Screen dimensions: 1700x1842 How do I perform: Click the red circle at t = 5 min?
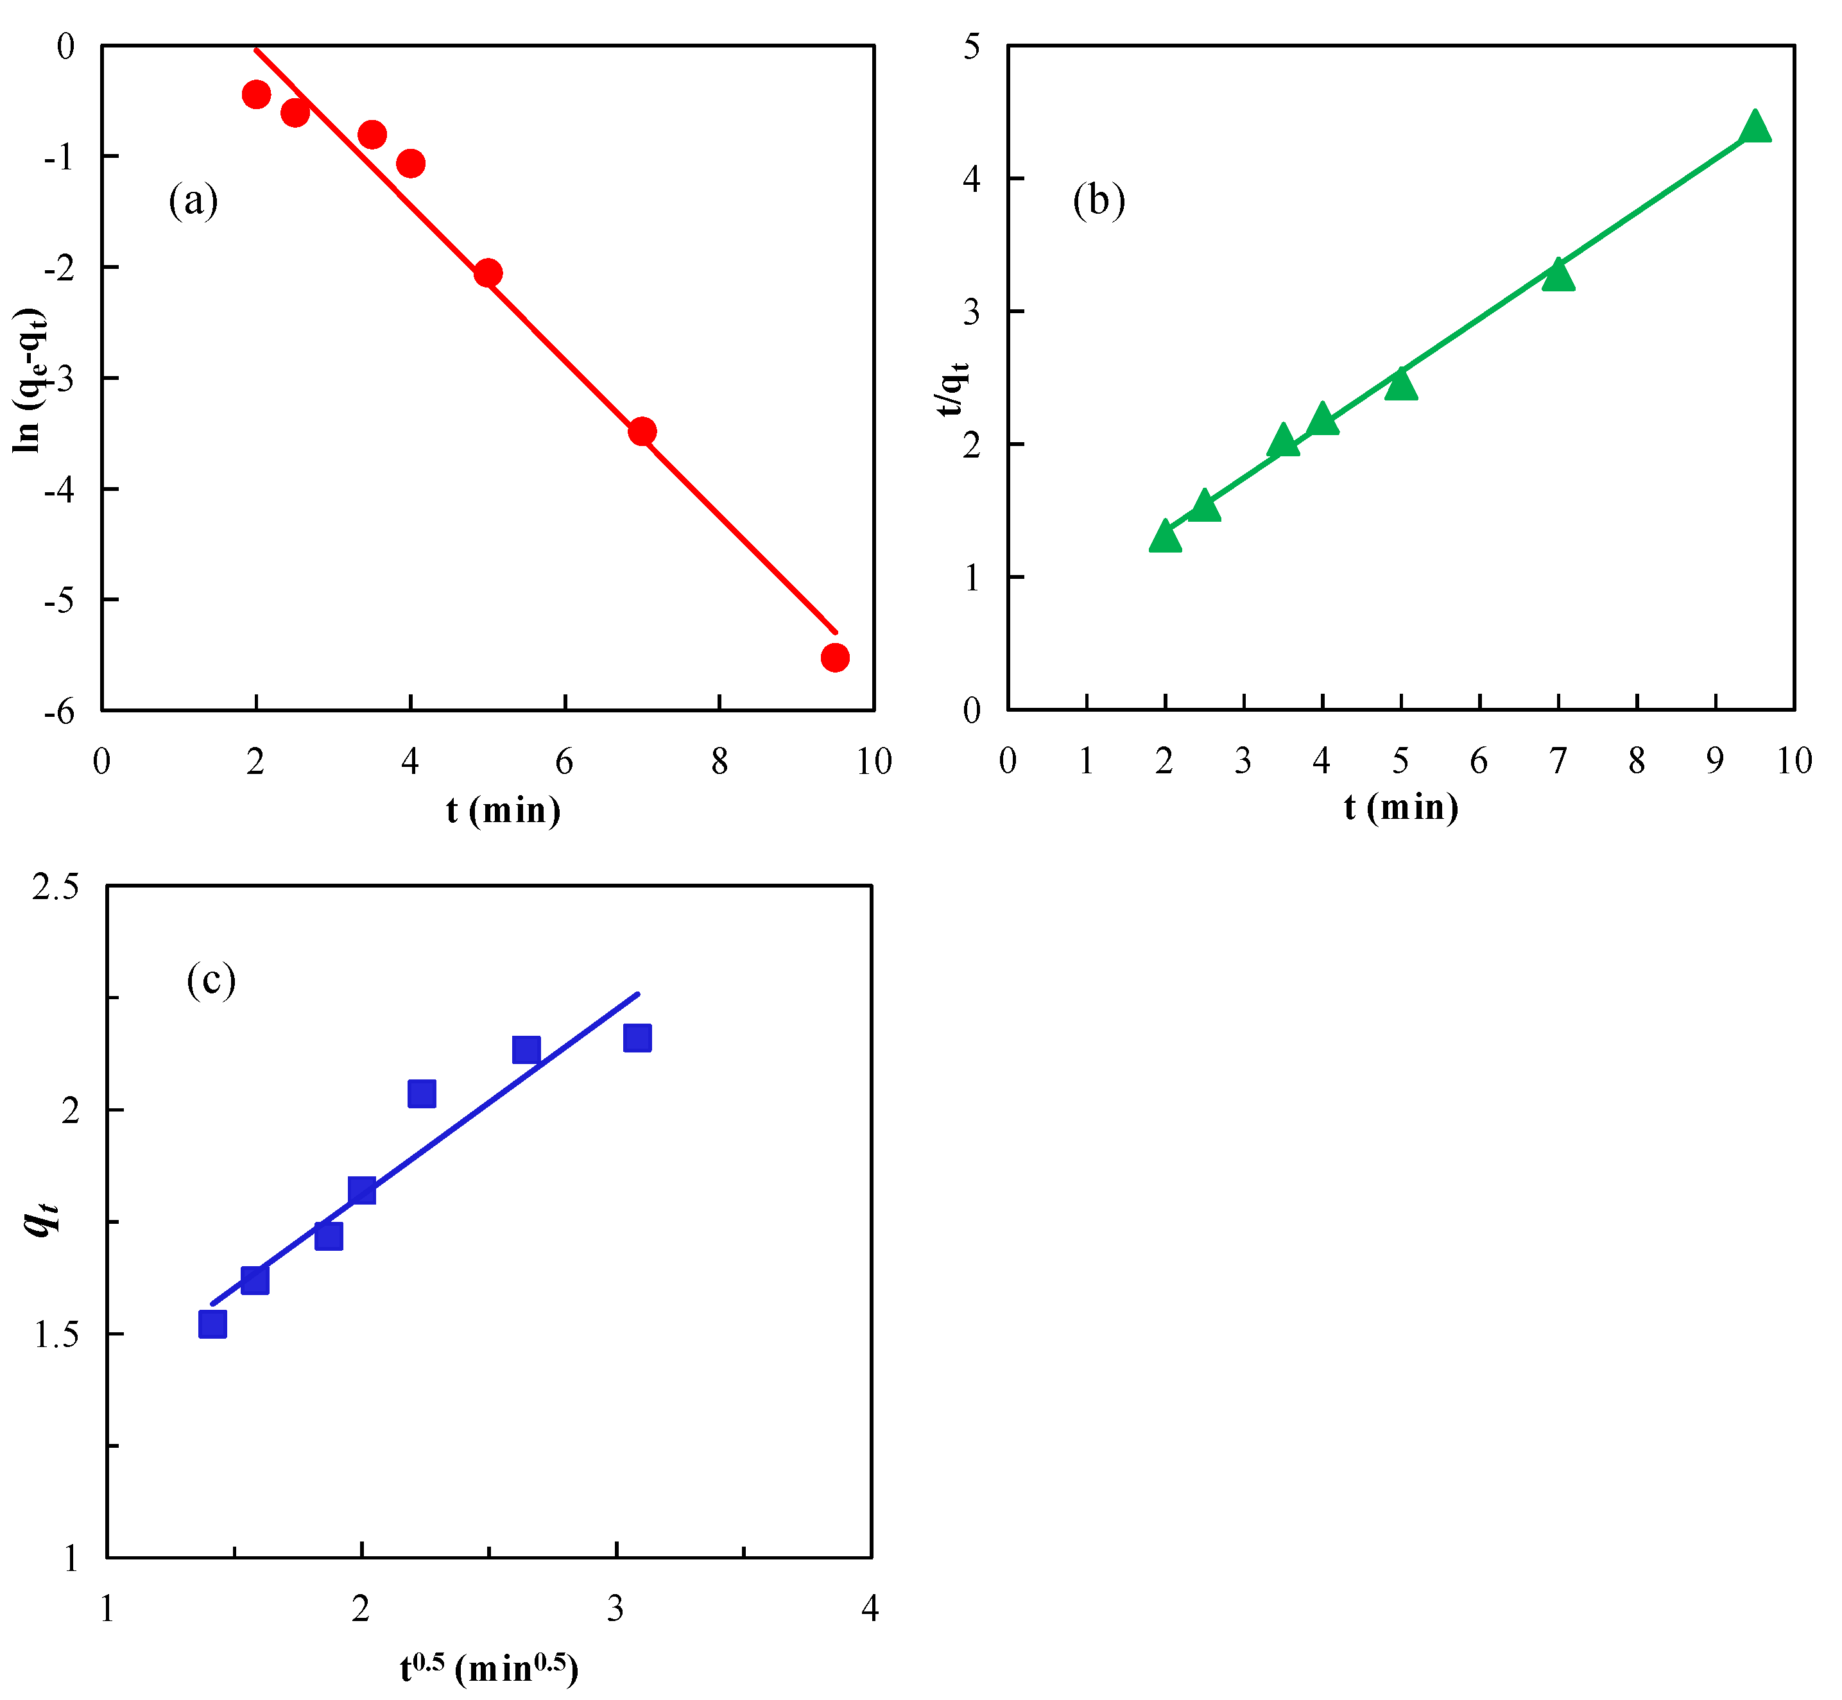(488, 273)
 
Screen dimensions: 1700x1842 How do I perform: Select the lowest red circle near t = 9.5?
(834, 658)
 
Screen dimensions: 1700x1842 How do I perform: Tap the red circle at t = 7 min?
(642, 431)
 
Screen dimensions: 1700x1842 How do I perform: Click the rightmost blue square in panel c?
(637, 1038)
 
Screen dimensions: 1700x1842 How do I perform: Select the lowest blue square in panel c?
(212, 1324)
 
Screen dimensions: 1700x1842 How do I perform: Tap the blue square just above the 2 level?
(422, 1093)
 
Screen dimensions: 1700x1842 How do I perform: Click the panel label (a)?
(193, 200)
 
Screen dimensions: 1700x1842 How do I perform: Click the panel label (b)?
(1099, 200)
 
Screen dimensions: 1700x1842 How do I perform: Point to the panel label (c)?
(211, 980)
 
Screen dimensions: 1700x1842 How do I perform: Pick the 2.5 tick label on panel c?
(55, 887)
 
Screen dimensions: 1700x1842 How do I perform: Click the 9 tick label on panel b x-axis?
(1715, 760)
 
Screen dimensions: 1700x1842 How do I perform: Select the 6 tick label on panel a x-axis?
(564, 760)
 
